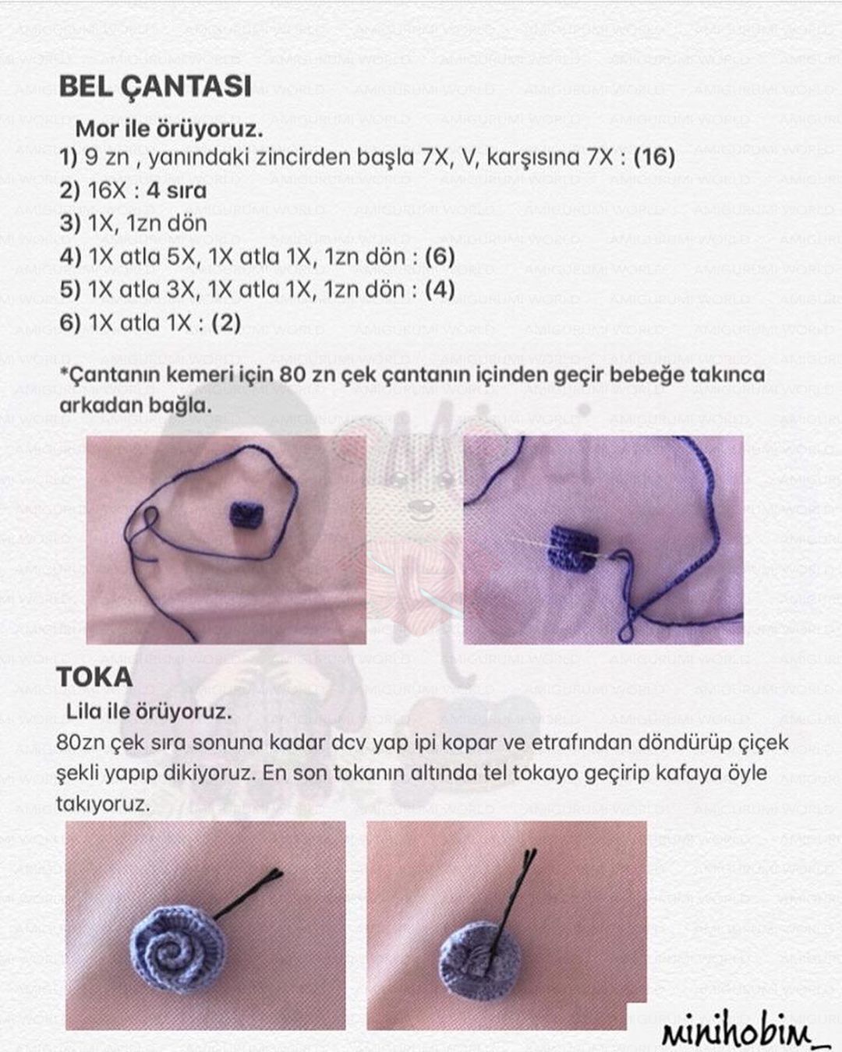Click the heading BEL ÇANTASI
155,86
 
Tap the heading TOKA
94,676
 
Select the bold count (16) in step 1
653,157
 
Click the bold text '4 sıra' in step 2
176,191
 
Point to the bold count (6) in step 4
440,256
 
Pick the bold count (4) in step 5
440,290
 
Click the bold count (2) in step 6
226,323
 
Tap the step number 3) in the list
70,224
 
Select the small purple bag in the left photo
247,515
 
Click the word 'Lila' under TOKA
85,711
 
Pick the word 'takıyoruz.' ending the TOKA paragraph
102,803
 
